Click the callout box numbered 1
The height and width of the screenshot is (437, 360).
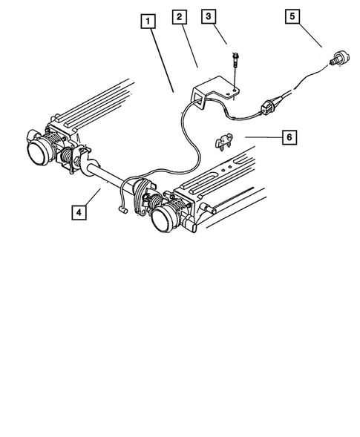pyautogui.click(x=148, y=22)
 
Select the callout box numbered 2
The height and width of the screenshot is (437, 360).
pyautogui.click(x=180, y=17)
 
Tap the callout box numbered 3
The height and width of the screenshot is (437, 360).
pyautogui.click(x=209, y=16)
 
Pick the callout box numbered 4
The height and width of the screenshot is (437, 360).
pyautogui.click(x=79, y=213)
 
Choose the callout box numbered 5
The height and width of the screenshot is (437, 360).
pyautogui.click(x=292, y=16)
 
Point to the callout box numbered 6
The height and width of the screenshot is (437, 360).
pyautogui.click(x=289, y=137)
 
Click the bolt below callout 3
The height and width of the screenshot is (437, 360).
pyautogui.click(x=234, y=60)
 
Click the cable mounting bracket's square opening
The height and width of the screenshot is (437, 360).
pyautogui.click(x=200, y=99)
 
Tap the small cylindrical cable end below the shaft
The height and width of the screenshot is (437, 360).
pyautogui.click(x=122, y=209)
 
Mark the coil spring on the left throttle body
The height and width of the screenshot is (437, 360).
pyautogui.click(x=67, y=158)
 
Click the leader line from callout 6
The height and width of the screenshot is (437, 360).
pyautogui.click(x=264, y=137)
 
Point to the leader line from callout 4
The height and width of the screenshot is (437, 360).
pyautogui.click(x=93, y=197)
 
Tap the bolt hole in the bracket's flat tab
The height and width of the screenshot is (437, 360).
pyautogui.click(x=234, y=91)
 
